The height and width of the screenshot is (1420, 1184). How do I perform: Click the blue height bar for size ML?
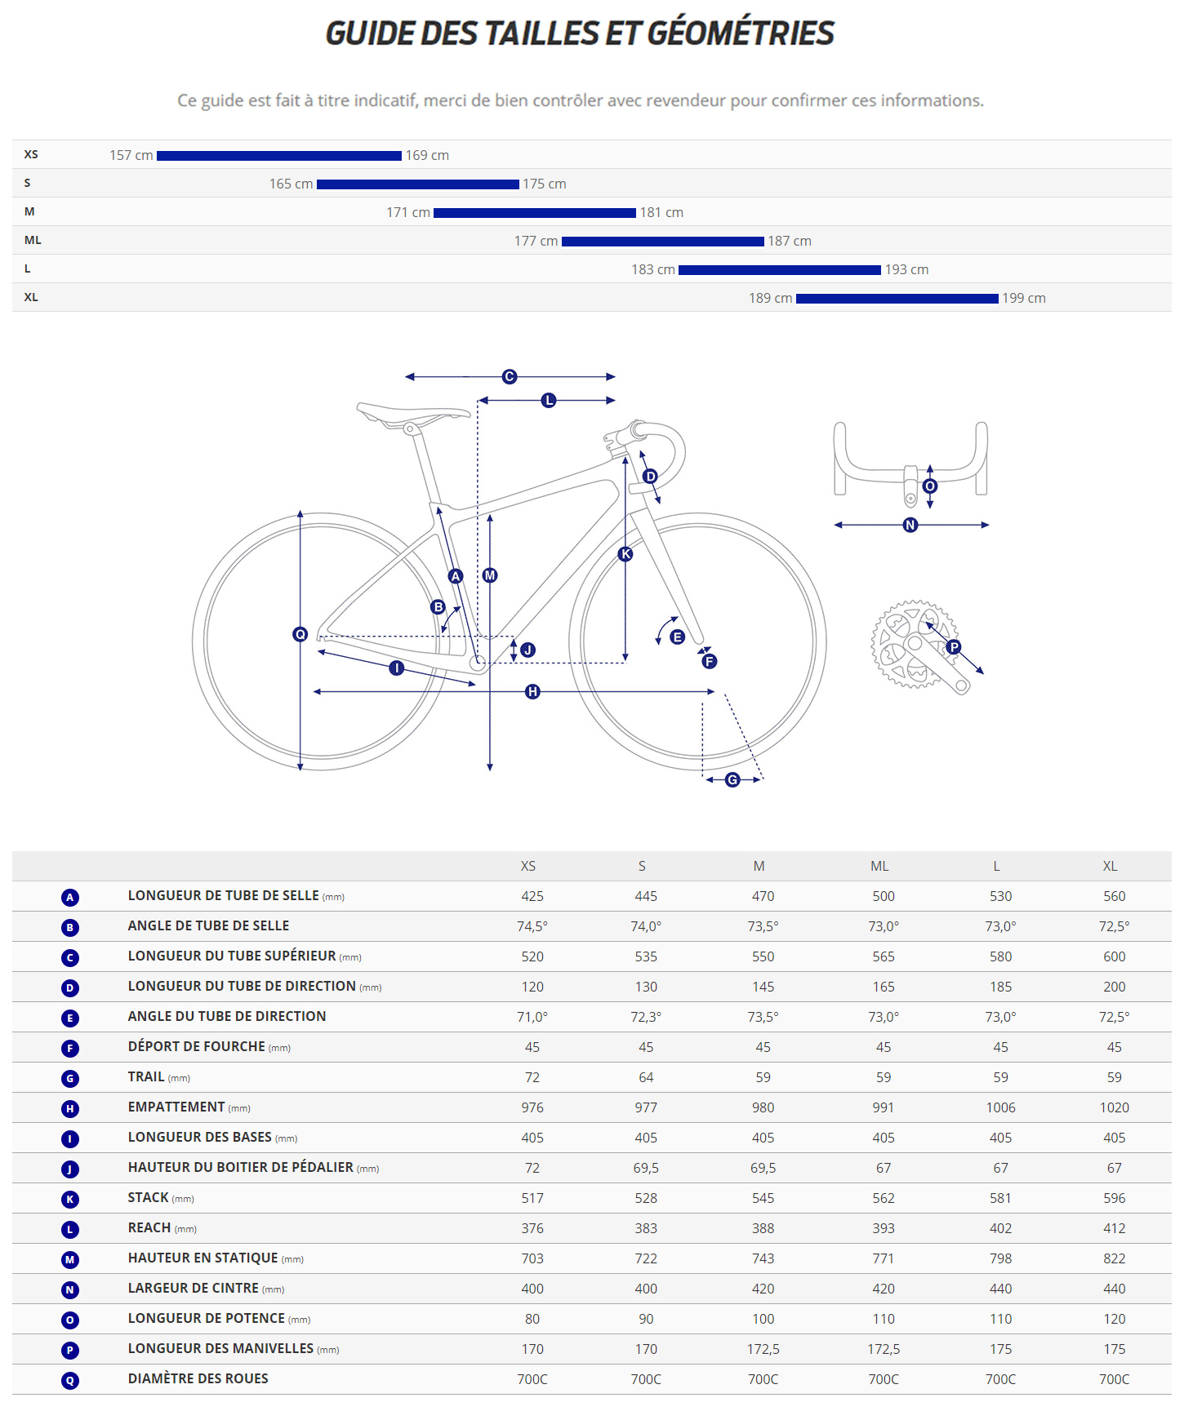pos(662,242)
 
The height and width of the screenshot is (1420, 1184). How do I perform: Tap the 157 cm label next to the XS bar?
pos(131,155)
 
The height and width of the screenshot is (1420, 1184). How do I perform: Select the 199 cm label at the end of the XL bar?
pos(1023,298)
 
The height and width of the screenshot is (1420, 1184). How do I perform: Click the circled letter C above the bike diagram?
pos(510,376)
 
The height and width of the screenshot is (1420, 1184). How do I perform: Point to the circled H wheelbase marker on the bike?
pos(532,692)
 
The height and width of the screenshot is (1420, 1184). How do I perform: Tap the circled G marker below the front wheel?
pos(732,780)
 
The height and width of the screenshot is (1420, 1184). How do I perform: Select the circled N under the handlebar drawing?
pos(910,525)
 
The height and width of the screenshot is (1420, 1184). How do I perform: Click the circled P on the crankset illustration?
pos(954,647)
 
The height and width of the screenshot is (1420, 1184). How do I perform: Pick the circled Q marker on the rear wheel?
pos(300,634)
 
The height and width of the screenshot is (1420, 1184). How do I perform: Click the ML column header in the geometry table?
pos(879,866)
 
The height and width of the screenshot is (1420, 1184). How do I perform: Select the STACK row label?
pos(148,1197)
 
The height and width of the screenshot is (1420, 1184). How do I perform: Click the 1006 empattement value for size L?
pos(1000,1107)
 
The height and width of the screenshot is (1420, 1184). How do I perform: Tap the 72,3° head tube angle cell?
pos(646,1017)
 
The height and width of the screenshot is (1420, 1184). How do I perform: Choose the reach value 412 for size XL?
pos(1114,1228)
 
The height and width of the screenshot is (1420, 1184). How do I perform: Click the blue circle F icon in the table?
pos(70,1048)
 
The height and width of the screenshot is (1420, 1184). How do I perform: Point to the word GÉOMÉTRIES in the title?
pos(741,33)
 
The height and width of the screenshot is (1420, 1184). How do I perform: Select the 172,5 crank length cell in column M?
pos(763,1349)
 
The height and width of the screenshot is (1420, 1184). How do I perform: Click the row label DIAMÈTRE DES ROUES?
pos(198,1378)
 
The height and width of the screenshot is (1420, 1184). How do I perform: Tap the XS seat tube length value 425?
pos(532,896)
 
